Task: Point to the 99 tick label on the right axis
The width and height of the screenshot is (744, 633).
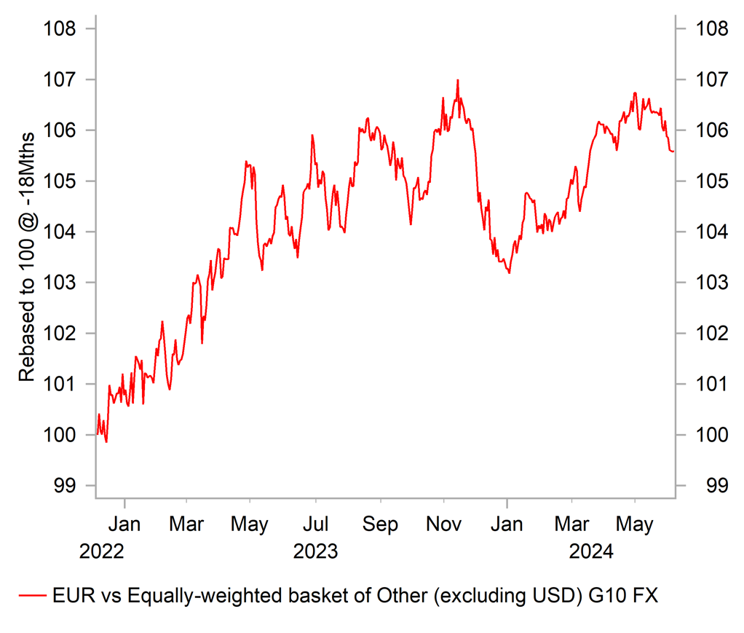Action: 708,486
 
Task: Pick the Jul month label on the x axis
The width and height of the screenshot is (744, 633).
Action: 316,524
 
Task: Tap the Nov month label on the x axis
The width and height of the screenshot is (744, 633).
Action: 444,524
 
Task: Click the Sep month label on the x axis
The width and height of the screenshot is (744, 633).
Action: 380,524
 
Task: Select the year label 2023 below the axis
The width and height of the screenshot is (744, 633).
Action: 316,551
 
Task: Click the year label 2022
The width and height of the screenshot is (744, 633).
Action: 102,551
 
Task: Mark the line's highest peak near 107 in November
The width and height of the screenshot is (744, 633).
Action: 457,80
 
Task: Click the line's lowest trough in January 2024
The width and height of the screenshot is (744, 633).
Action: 509,272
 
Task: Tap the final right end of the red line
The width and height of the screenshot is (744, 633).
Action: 673,151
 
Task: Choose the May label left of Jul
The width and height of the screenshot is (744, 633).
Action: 250,524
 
